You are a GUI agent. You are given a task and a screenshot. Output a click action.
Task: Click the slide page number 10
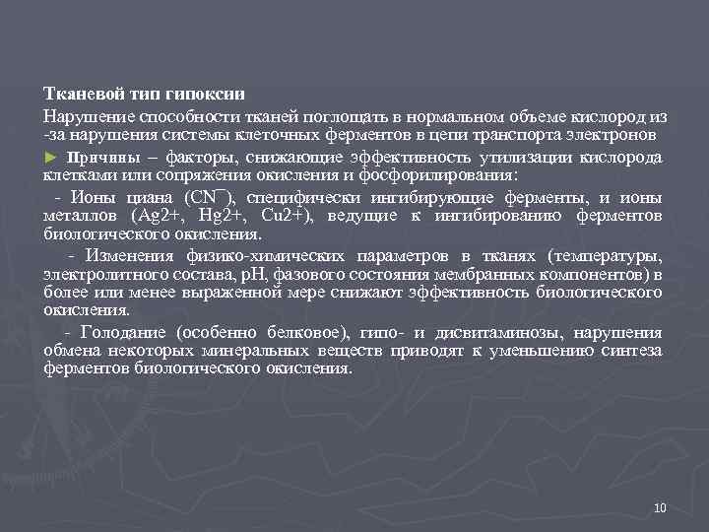point(660,507)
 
